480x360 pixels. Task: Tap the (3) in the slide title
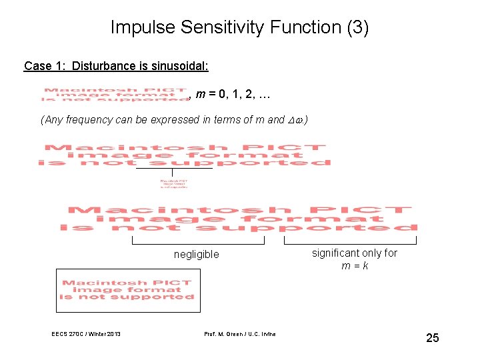354,27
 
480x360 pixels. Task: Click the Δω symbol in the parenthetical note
297,120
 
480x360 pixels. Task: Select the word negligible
196,254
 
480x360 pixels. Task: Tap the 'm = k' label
355,265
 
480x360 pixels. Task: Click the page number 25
432,338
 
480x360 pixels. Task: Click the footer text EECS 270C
69,334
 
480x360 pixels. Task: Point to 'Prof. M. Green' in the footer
222,334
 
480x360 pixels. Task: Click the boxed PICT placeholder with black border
128,290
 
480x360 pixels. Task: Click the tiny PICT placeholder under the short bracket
173,183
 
